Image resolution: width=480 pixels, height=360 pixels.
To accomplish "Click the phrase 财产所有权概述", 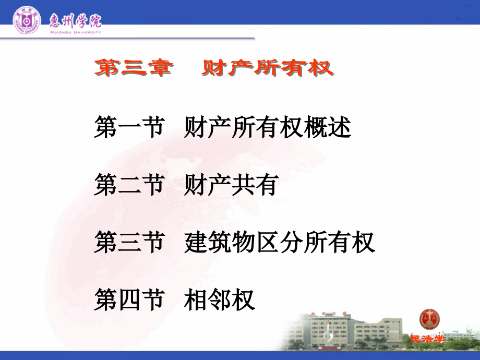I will point(268,128).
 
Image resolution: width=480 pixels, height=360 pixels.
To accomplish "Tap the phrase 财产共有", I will point(230,185).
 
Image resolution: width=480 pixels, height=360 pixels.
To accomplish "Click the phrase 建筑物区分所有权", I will point(280,243).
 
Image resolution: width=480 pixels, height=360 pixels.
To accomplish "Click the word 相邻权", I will point(219,300).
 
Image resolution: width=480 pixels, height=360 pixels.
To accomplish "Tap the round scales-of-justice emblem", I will point(429,319).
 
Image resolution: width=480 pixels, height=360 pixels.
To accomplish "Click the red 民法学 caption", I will point(427,339).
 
